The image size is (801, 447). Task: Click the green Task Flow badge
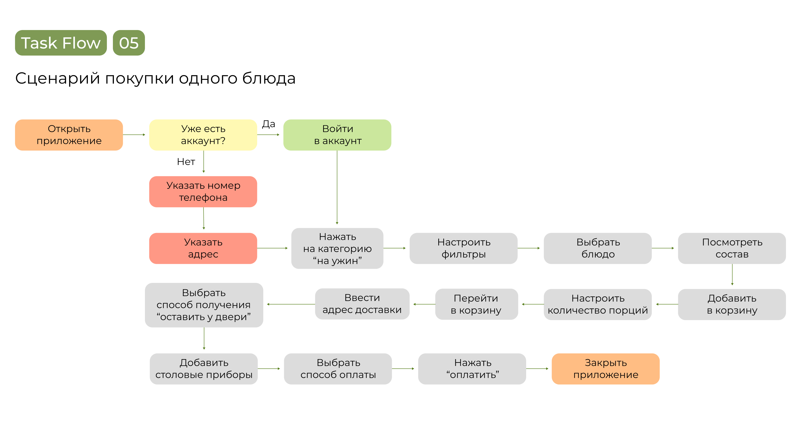tap(61, 43)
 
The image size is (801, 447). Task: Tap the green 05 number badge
tap(129, 43)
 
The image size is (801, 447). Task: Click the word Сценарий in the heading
tap(58, 78)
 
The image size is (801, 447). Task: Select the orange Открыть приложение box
tap(69, 135)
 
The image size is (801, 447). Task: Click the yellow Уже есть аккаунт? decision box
tap(203, 135)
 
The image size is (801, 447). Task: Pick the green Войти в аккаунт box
tap(337, 135)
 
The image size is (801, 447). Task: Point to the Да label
tap(268, 124)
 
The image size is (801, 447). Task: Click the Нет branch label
tap(186, 162)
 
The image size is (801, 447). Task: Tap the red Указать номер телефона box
tap(203, 191)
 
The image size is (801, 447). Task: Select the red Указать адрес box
tap(203, 248)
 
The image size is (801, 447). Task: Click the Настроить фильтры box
tap(463, 248)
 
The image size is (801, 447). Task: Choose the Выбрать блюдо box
tap(598, 248)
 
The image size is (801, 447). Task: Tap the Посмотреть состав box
tap(732, 248)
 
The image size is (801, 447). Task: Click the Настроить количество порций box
tap(598, 304)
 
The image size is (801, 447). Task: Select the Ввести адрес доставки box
tap(362, 304)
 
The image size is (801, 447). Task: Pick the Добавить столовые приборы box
tap(204, 369)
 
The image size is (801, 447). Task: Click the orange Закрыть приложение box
tap(606, 369)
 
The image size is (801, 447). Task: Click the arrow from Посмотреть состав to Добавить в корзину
tap(732, 275)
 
